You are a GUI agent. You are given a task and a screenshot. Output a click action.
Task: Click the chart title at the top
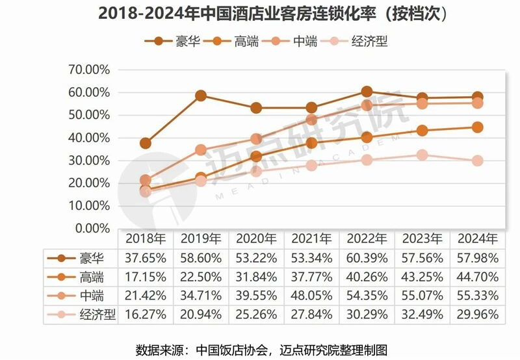click(260, 13)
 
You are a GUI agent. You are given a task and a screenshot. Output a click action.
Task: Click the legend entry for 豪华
click(172, 42)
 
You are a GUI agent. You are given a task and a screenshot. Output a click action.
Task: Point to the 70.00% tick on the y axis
click(89, 70)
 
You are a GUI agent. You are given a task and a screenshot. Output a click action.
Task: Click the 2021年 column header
click(312, 238)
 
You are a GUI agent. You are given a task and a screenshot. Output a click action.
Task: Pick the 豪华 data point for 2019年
click(201, 96)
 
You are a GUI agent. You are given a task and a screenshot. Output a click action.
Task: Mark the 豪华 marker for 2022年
click(367, 92)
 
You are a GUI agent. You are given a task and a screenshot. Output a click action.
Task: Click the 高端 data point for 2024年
click(477, 127)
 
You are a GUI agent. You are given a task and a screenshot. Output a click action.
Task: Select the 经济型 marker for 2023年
click(422, 155)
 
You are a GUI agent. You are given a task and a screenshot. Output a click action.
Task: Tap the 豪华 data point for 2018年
click(146, 143)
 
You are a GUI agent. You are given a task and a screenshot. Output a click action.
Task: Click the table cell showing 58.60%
click(201, 257)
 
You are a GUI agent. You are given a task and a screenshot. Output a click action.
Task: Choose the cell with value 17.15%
click(146, 276)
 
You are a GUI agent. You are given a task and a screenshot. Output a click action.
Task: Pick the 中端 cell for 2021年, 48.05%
click(312, 295)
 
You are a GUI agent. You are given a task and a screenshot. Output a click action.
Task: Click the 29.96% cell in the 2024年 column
click(477, 315)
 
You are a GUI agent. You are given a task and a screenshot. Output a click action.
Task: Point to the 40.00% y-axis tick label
click(89, 138)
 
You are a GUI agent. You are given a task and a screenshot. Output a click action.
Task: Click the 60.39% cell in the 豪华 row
click(367, 257)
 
